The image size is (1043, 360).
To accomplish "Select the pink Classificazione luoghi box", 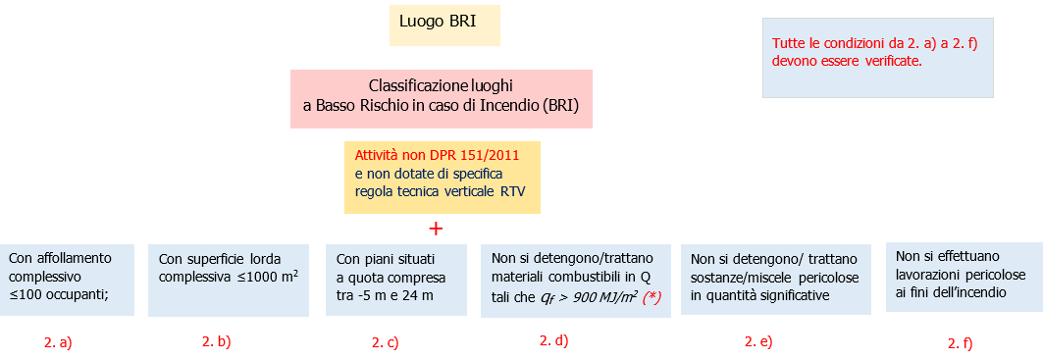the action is (x=441, y=98).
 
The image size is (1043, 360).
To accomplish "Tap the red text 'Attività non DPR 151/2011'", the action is (x=437, y=155).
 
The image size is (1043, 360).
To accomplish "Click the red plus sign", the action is (x=437, y=229).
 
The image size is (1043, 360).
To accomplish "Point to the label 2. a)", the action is (x=58, y=342).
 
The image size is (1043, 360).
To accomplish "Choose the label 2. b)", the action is (x=216, y=341).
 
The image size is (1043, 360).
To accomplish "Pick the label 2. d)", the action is (x=553, y=340).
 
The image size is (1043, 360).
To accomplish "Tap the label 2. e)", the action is (x=758, y=341).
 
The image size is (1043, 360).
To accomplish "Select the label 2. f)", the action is (x=962, y=343).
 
